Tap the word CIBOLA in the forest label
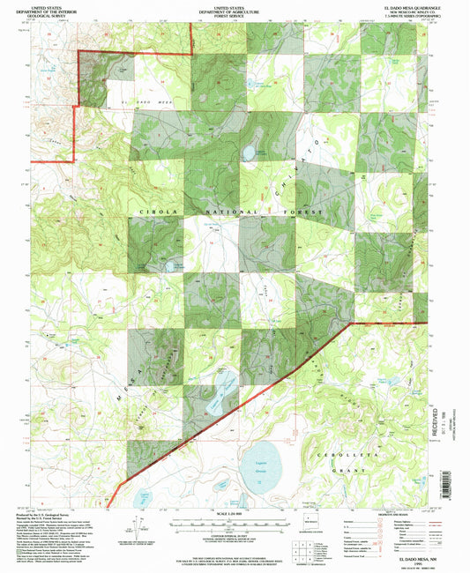pyautogui.click(x=155, y=212)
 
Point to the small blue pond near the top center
pyautogui.click(x=250, y=155)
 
